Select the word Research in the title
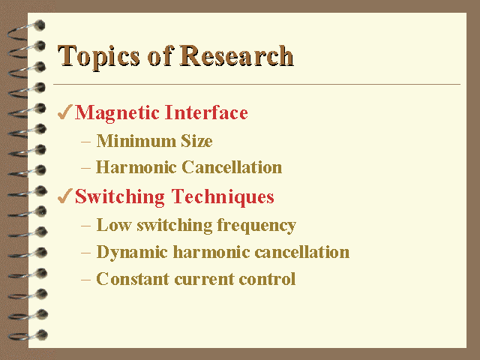click(237, 55)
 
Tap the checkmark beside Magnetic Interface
click(65, 112)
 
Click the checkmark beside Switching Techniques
click(65, 196)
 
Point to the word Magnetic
click(118, 113)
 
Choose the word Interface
click(207, 112)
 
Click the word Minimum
click(136, 141)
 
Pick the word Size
click(196, 141)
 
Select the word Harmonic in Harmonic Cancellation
click(136, 167)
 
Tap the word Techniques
click(223, 197)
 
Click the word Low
click(114, 225)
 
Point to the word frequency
click(256, 226)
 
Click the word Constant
click(133, 279)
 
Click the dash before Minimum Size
click(86, 142)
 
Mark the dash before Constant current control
click(86, 280)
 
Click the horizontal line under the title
click(256, 84)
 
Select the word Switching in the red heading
click(120, 197)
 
